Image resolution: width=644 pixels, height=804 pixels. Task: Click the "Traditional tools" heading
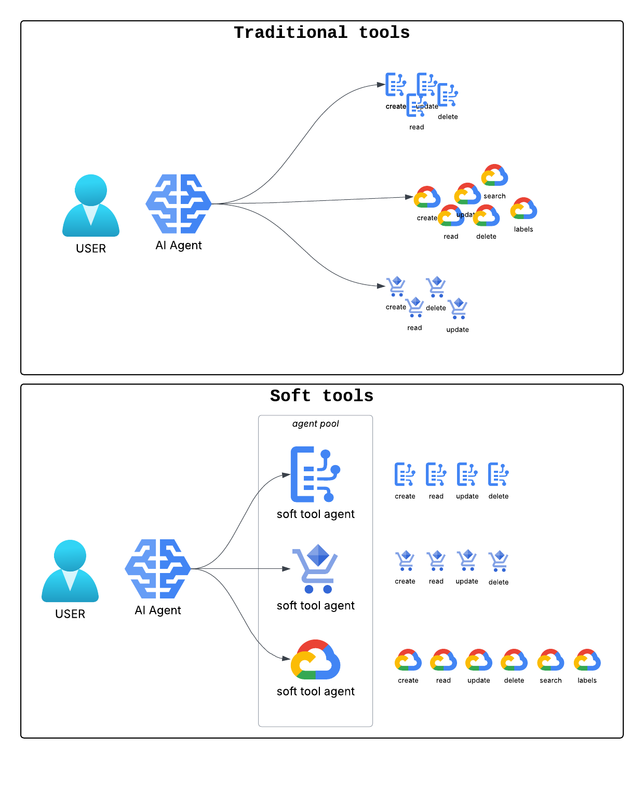pos(321,33)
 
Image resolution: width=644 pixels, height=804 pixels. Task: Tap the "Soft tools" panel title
pos(321,396)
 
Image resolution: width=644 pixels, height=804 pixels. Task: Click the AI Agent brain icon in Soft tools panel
pos(158,569)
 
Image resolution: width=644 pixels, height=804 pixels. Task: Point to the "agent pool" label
pos(315,424)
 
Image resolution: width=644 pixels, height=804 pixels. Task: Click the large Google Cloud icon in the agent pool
pos(315,660)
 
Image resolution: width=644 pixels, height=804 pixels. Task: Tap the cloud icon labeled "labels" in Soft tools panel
pos(587,660)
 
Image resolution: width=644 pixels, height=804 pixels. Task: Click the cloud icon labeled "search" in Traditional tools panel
pos(494,175)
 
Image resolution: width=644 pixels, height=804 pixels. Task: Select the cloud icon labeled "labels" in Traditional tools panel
pos(524,209)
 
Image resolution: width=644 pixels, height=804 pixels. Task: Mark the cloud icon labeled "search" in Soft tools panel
pos(551,660)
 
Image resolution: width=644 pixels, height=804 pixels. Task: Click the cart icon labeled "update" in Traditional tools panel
pos(458,308)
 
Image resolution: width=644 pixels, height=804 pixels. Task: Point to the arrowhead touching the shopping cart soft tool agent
pos(286,569)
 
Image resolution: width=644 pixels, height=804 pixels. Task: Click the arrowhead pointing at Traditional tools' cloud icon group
pos(409,197)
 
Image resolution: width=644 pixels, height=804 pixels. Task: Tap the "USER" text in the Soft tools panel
pos(70,614)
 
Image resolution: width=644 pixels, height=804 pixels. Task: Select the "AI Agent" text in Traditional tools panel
pos(179,246)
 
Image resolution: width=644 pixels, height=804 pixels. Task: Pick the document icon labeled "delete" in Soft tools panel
pos(499,474)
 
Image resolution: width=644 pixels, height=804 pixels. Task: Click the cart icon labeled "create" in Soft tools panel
pos(405,561)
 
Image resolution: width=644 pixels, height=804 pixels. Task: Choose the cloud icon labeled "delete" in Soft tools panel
pos(514,660)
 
